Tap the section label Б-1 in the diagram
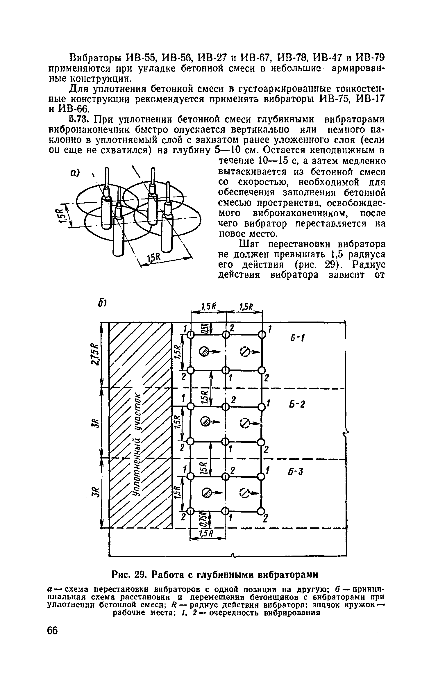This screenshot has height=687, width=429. pos(297,338)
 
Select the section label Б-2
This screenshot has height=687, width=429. pos(297,404)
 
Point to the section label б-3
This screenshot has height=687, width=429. pos(296,472)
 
